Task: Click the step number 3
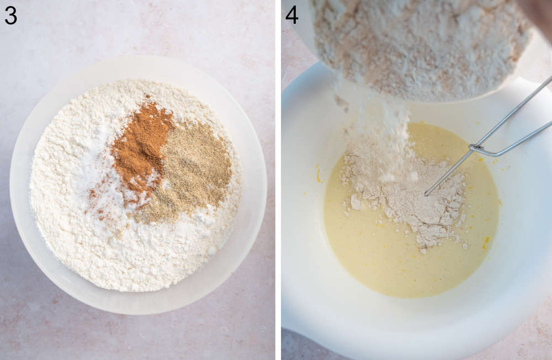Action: tap(10, 15)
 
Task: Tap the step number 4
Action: tap(291, 15)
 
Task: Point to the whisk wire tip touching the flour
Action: tap(427, 193)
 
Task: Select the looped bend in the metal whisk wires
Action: tap(474, 148)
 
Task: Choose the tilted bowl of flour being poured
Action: tap(420, 44)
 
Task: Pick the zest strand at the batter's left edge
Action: tap(319, 175)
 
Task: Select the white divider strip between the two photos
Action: tap(278, 180)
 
